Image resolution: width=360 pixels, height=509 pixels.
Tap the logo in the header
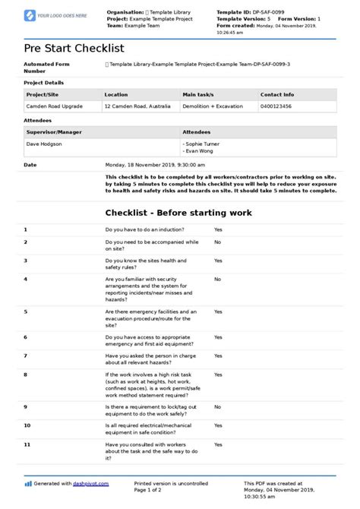click(55, 15)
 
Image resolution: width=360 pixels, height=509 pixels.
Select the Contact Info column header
click(276, 95)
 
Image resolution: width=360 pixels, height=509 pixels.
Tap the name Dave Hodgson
click(46, 143)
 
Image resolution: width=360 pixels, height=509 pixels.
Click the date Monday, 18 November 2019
click(148, 164)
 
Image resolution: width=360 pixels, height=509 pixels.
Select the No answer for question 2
click(217, 242)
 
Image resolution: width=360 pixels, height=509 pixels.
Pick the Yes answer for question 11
click(218, 444)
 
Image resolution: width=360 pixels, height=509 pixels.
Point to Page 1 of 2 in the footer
click(149, 490)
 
